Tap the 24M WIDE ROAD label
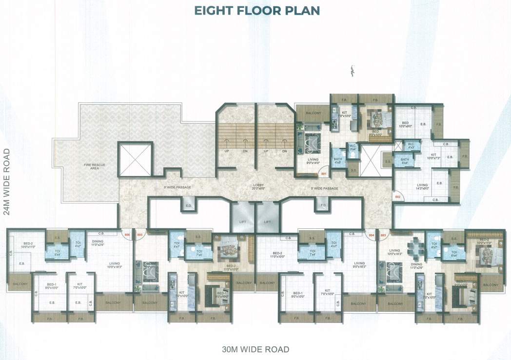tap(7, 181)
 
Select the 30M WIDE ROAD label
tap(255, 349)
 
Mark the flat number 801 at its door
tap(323, 174)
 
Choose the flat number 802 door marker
tap(397, 197)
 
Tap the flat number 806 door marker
tap(127, 235)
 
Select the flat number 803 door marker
tap(384, 235)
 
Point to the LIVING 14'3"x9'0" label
tap(422, 186)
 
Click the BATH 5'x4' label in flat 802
tap(405, 160)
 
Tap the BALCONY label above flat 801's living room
tap(314, 113)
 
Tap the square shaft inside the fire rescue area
tap(135, 159)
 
